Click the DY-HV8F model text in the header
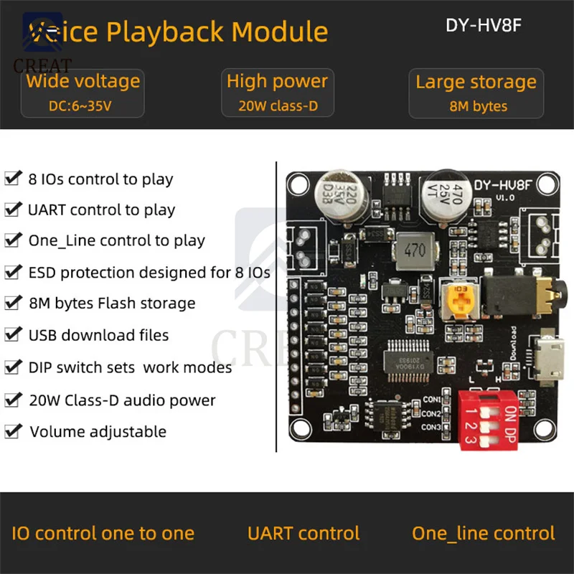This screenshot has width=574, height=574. coord(483,25)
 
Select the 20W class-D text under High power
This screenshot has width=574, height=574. coord(277,106)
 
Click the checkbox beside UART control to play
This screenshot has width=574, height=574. coord(13,210)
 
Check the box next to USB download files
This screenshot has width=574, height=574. coord(13,334)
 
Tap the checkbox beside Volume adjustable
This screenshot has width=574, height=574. coord(13,431)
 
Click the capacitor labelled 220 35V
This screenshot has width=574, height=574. coord(333,194)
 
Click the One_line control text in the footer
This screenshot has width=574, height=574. coord(483,533)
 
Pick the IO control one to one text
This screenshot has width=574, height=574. coord(103,533)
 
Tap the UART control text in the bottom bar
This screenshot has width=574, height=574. coord(304,533)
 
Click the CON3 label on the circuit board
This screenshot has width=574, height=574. coord(431,428)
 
